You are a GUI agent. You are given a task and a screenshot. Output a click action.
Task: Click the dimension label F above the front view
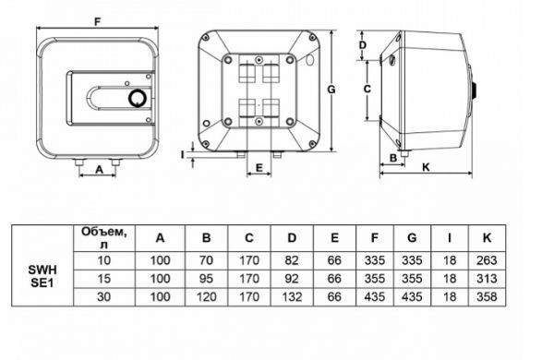point(98,22)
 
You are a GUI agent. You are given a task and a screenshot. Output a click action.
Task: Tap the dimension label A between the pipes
point(99,170)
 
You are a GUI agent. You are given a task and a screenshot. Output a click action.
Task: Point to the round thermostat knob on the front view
point(137,99)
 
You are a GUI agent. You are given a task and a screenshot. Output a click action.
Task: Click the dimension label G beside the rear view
point(331,90)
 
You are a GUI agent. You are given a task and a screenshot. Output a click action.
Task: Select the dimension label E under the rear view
point(259,168)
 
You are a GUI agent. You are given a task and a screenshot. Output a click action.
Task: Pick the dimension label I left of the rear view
point(183,155)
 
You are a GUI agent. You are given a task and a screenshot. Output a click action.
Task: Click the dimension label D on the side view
point(363,45)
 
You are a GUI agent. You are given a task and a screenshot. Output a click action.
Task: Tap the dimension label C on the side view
point(367,90)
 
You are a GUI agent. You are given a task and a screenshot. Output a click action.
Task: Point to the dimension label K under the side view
point(426,168)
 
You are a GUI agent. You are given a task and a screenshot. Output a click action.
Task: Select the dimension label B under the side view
point(393,158)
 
